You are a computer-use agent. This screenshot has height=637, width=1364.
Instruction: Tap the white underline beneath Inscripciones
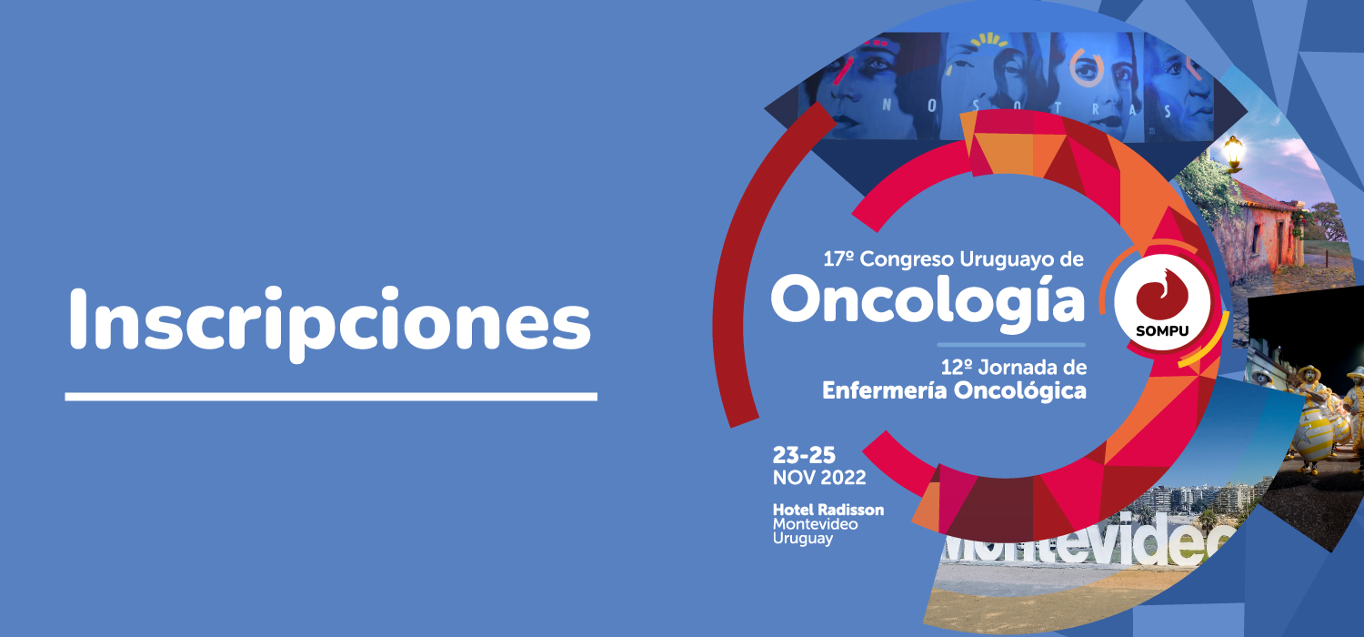(x=331, y=397)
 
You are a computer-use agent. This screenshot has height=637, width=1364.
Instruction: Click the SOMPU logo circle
(x=1162, y=302)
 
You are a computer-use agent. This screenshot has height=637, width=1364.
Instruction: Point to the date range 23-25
(x=804, y=455)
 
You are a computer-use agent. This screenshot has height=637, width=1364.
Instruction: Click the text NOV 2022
(x=819, y=477)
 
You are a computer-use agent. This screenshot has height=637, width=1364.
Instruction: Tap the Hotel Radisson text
(x=828, y=510)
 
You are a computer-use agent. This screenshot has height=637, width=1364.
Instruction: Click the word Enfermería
(x=885, y=390)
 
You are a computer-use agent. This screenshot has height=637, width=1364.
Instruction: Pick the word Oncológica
(x=1020, y=390)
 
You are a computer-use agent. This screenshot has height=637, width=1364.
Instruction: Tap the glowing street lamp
(x=1233, y=150)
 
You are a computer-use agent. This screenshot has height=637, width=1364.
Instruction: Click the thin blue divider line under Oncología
(x=1011, y=345)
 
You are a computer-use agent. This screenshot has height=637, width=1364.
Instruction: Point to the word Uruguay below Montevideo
(x=803, y=539)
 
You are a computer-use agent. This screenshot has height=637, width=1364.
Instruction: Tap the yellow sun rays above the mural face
(x=989, y=42)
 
